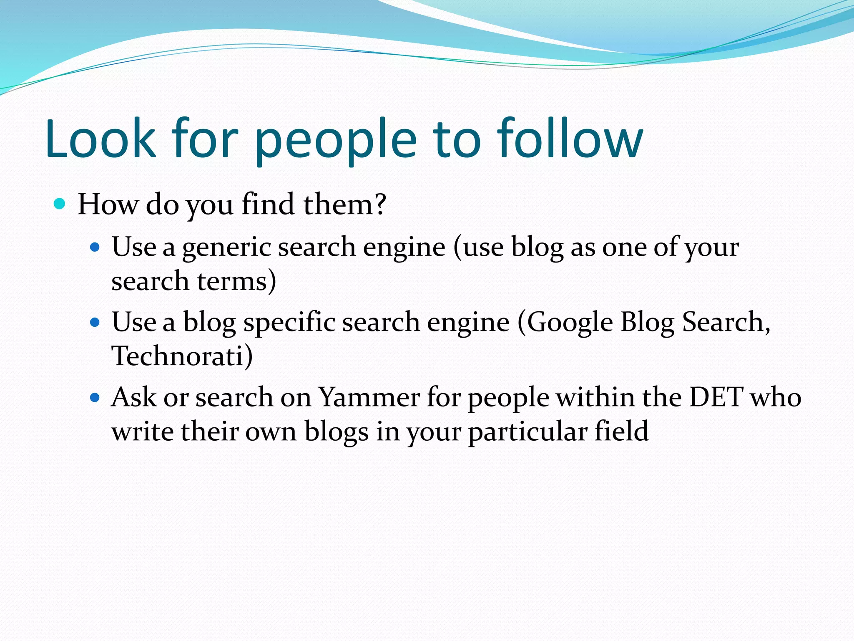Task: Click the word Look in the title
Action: tap(100, 139)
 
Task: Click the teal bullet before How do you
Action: tap(60, 204)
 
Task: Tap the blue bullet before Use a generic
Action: tap(95, 247)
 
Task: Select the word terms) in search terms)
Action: tap(236, 281)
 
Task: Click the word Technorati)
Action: tap(182, 356)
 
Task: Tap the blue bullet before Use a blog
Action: tap(95, 323)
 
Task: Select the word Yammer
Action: tap(369, 397)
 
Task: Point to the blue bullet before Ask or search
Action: tap(95, 397)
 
